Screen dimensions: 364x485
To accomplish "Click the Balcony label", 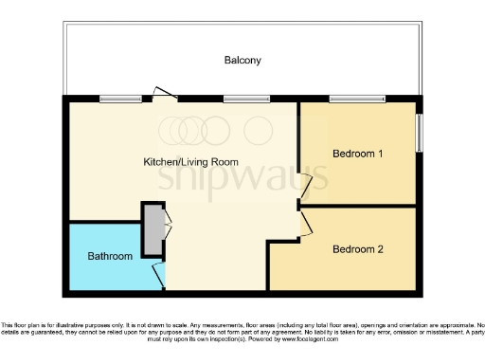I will click(x=242, y=61).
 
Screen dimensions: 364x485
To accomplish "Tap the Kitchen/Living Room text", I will click(x=190, y=161).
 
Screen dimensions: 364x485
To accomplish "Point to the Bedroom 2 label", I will click(x=357, y=249).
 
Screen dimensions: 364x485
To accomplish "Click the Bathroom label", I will click(x=110, y=256).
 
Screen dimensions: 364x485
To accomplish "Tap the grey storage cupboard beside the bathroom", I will click(x=152, y=227).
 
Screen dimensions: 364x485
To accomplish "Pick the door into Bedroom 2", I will click(x=304, y=224).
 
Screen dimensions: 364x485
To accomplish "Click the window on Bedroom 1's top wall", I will click(x=357, y=98).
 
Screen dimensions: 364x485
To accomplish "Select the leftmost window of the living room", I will click(x=115, y=98).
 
